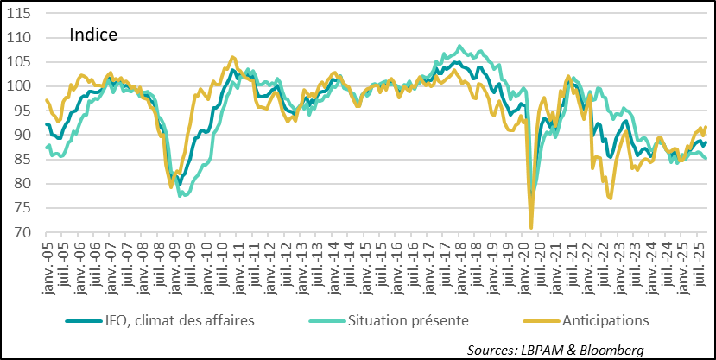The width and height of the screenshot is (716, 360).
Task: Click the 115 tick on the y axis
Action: coord(21,14)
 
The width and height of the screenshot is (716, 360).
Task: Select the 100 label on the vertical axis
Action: coord(21,86)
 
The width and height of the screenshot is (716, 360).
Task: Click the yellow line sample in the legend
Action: coord(542,320)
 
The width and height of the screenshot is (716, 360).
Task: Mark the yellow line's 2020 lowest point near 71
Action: coord(531,228)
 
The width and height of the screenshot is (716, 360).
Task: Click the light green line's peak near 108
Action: coord(459,47)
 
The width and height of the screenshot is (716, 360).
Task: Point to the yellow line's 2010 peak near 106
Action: coord(232,57)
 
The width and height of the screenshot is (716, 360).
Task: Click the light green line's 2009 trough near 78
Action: coord(181,196)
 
